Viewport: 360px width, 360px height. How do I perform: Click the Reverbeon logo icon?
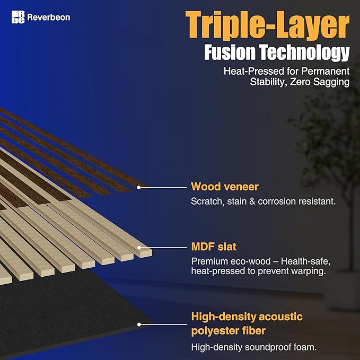[17, 17]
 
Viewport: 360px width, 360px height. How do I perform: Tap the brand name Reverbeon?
[49, 17]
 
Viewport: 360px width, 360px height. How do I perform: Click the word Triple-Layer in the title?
[267, 27]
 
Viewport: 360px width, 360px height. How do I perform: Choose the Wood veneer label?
[225, 187]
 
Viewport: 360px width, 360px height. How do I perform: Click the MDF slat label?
[214, 247]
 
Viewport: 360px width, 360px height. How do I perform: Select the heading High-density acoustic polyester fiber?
[247, 324]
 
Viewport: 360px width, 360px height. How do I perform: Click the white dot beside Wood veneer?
[139, 187]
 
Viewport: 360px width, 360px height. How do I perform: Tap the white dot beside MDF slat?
[139, 247]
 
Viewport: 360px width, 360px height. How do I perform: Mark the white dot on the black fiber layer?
[139, 323]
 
